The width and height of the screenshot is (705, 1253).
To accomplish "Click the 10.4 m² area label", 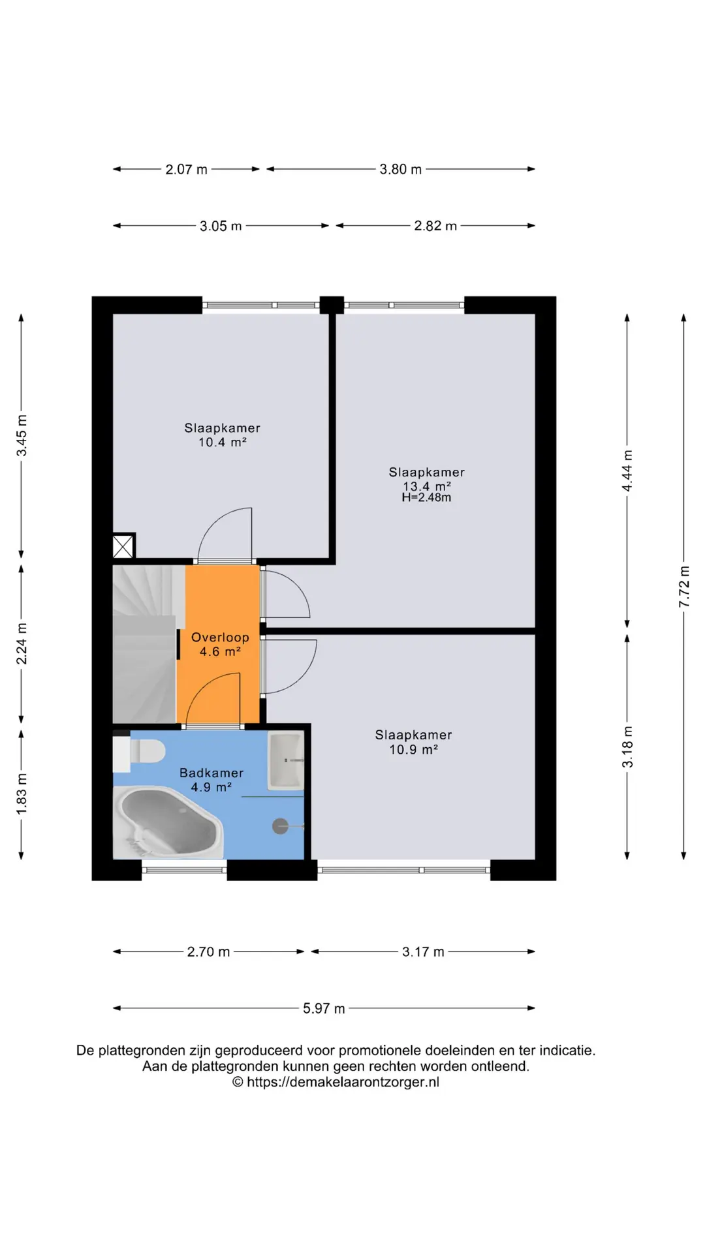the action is (223, 442).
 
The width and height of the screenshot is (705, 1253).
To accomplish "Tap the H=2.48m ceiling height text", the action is (426, 497).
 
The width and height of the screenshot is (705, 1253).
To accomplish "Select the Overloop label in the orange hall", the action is (220, 638).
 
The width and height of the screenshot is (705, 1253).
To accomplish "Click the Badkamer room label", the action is (211, 773).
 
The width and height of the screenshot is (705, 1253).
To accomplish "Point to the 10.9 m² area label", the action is (413, 750).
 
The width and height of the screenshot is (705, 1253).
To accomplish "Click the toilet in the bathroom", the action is (139, 751).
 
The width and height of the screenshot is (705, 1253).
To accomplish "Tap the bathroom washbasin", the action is (287, 760).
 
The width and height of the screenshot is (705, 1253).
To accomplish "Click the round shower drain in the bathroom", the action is (280, 826).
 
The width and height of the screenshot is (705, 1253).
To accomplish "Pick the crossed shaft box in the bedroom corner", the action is (123, 547).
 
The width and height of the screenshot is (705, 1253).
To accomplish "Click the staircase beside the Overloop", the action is (146, 644).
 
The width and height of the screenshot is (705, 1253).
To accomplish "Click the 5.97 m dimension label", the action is (324, 1008).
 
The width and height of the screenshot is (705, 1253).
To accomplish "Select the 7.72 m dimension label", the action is (683, 587).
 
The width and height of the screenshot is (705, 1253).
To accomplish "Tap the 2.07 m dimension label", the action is (186, 169).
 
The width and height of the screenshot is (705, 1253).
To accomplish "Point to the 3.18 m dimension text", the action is (627, 747).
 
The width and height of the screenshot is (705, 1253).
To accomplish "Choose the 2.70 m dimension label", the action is (208, 951).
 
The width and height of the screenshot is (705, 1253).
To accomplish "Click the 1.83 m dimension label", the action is (21, 794).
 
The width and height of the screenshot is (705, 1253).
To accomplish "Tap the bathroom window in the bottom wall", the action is (184, 870).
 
